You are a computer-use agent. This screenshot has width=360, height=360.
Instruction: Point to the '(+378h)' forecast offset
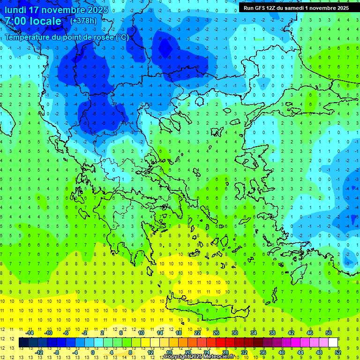coord(83,21)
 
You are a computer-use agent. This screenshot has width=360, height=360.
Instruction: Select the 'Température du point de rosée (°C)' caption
coord(67,37)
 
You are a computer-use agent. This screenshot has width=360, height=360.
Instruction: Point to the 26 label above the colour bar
coord(216,333)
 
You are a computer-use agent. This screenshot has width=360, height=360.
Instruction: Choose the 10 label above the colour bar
coord(141,333)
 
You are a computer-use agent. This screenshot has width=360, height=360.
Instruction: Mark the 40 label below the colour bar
coord(282,352)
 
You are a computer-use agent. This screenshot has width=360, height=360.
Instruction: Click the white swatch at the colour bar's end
coord(333,343)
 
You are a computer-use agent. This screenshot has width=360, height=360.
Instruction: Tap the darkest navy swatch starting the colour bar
coord(23,343)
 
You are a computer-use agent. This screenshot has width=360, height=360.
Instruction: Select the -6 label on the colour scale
coord(66,333)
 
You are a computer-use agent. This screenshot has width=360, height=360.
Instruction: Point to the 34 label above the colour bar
coord(254,333)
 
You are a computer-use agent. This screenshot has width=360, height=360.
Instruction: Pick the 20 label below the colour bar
coord(188,352)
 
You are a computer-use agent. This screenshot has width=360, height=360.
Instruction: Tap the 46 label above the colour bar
coord(310,333)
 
